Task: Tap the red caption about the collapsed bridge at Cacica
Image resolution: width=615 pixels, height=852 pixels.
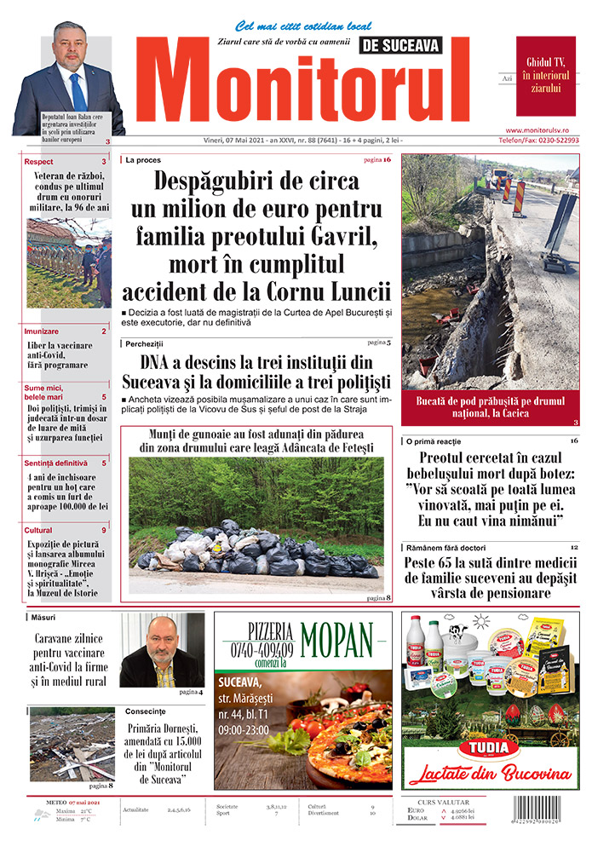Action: [x=491, y=406]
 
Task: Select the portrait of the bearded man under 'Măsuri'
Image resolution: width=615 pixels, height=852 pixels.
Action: [x=161, y=650]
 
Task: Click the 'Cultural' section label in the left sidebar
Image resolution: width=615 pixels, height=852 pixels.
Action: [x=39, y=530]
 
